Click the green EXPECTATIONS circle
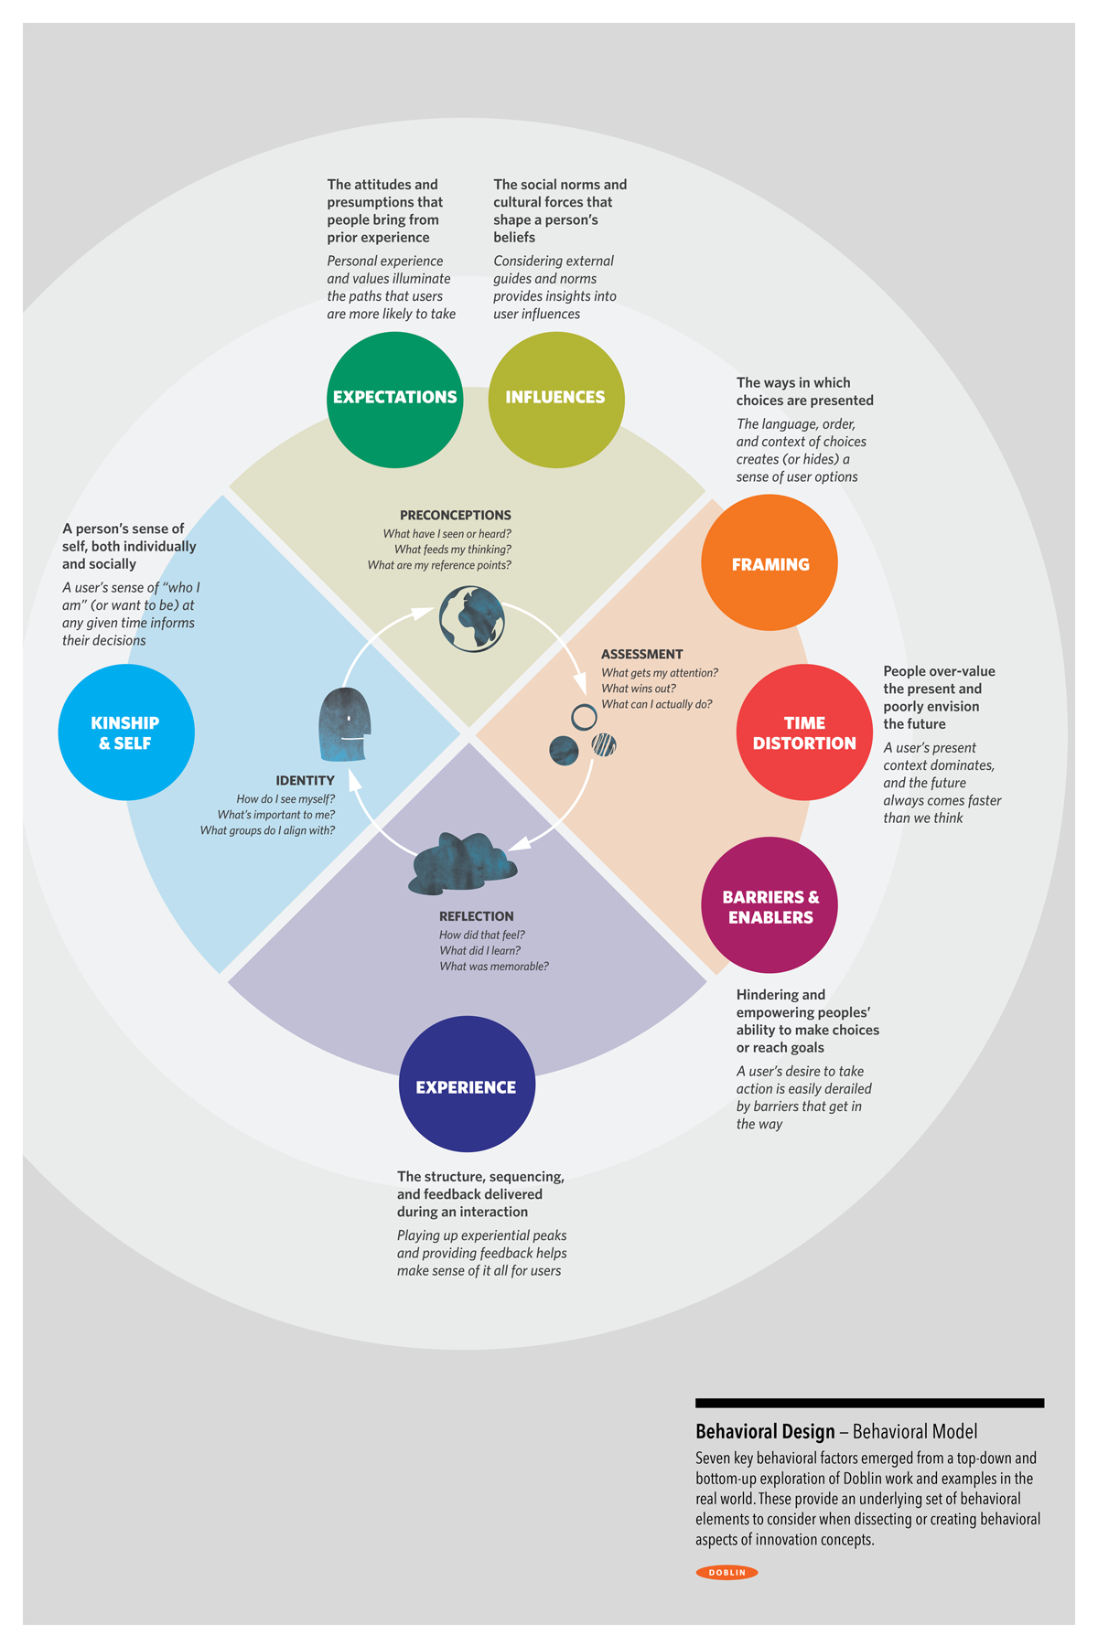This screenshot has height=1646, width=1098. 394,400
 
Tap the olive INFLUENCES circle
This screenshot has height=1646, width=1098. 556,400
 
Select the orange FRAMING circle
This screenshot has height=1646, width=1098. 770,562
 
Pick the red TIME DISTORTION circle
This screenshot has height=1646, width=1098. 804,732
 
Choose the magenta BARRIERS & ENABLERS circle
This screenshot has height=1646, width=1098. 770,905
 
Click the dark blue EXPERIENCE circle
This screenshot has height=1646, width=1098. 467,1085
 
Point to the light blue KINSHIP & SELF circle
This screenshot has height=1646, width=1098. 126,732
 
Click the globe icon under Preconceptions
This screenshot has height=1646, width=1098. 472,619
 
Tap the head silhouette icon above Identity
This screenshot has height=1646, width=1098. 344,724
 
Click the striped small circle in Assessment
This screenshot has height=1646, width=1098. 604,744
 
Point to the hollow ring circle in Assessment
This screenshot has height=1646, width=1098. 584,717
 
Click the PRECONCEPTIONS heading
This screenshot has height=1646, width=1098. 456,516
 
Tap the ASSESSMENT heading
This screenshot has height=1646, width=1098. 641,655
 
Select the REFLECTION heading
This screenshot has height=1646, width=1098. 476,916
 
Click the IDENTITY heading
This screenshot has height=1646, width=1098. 305,781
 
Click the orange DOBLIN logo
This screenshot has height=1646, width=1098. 727,1573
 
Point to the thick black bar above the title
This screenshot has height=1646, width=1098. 869,1403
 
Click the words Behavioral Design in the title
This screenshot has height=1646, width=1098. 765,1432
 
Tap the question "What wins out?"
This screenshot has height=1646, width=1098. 639,689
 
